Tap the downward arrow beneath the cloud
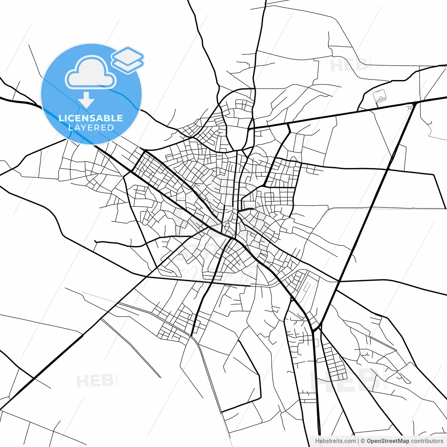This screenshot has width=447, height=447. (86, 100)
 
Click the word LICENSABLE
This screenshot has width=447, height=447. (91, 118)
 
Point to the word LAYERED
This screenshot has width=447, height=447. (91, 127)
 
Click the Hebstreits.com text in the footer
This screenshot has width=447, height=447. (335, 441)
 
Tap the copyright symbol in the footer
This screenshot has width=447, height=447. (363, 441)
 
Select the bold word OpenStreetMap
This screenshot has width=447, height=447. (388, 441)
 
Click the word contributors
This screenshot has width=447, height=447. (427, 441)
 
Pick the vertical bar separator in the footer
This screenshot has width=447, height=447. (358, 441)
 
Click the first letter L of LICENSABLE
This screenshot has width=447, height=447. (61, 118)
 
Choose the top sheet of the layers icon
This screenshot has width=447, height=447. (127, 55)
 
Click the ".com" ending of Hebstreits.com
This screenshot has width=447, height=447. (349, 441)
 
